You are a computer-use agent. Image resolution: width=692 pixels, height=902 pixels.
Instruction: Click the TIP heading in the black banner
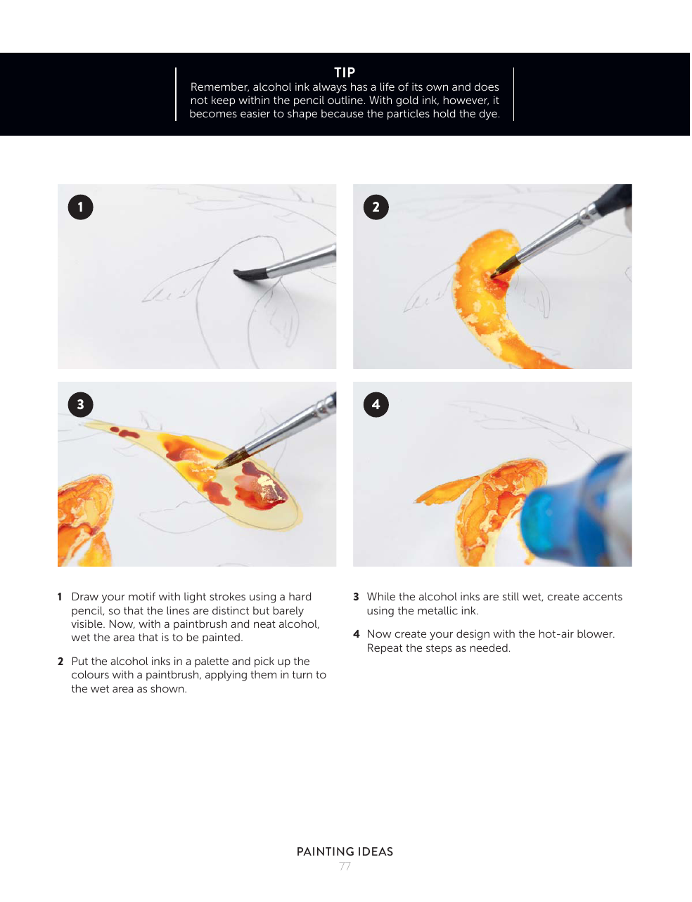(345, 72)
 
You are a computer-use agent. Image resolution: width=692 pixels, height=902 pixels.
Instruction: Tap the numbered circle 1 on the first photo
(81, 207)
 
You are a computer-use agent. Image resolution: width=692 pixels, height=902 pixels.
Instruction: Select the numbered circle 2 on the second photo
(376, 207)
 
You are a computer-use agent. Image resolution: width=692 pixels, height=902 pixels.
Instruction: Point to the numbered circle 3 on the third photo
(81, 405)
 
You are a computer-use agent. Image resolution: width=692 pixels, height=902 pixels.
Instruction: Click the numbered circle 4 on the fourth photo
(376, 405)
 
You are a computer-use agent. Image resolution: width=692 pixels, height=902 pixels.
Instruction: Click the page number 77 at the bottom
(345, 866)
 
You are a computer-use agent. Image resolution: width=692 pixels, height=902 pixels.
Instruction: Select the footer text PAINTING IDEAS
(345, 852)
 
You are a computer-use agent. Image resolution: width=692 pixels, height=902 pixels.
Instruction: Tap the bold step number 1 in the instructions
(60, 597)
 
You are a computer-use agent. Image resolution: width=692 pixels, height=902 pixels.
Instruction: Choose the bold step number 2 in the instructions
(60, 662)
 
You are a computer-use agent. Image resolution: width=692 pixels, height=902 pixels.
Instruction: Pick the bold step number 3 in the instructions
(356, 597)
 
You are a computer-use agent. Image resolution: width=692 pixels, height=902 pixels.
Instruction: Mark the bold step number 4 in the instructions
(356, 634)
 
